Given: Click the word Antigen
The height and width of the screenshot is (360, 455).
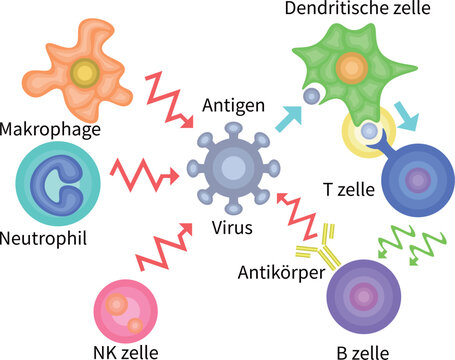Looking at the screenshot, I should [233, 104].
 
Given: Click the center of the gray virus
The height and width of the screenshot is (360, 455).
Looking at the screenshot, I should [233, 165].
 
